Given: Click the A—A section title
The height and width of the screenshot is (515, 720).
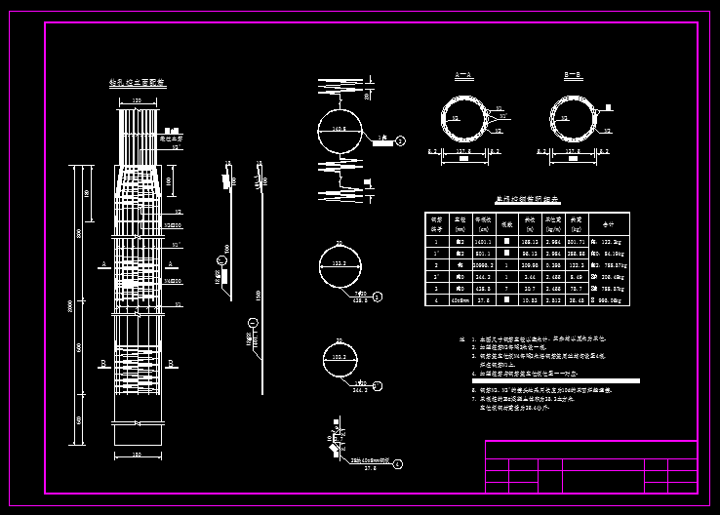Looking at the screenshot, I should pyautogui.click(x=463, y=75).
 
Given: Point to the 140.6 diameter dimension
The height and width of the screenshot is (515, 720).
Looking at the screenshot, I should pyautogui.click(x=339, y=129).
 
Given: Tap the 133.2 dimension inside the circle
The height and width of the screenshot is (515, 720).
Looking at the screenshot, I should pyautogui.click(x=340, y=264).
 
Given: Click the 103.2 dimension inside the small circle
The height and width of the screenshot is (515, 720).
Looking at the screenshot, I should pyautogui.click(x=340, y=359).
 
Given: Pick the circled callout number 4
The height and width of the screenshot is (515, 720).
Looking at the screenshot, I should pyautogui.click(x=398, y=463).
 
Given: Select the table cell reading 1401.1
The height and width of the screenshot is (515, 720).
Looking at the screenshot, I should pyautogui.click(x=482, y=241).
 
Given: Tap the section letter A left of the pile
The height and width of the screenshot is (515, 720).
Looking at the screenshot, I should pyautogui.click(x=103, y=264).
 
